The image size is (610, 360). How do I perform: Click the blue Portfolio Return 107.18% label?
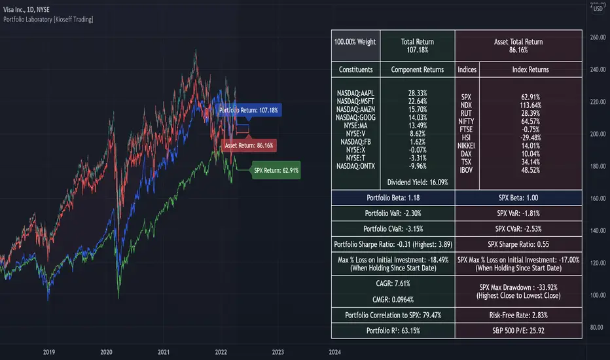pos(249,111)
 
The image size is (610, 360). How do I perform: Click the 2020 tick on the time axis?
pos(106,351)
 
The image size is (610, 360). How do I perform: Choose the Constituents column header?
pos(356,69)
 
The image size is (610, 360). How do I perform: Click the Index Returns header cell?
pos(530,69)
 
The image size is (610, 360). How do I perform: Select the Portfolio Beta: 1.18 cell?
pos(393,198)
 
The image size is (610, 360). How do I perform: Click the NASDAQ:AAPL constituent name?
pos(356,93)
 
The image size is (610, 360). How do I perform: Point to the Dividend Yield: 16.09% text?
pos(418,182)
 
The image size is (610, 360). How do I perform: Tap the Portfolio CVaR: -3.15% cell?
pos(393,228)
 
